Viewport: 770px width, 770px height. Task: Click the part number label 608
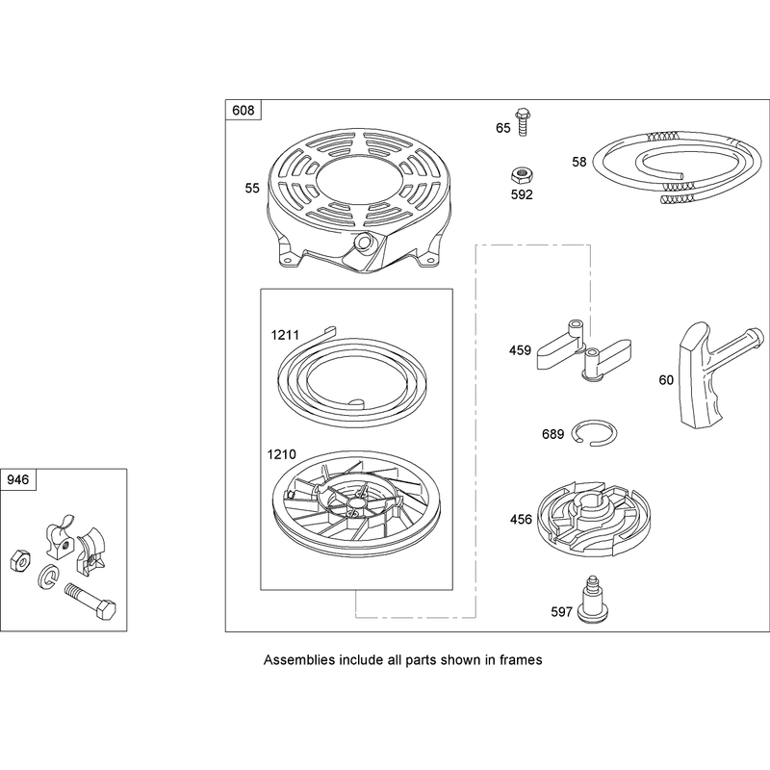(x=244, y=110)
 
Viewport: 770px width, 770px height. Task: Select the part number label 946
(x=18, y=479)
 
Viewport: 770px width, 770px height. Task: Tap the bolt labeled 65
(x=521, y=122)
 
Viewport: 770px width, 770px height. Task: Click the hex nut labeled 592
(x=522, y=175)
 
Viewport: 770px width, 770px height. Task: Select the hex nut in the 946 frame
(x=20, y=561)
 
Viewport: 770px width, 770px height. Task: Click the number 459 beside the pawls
(x=520, y=350)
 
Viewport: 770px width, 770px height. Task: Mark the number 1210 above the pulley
(x=281, y=454)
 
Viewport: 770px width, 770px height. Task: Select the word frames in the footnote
(x=521, y=660)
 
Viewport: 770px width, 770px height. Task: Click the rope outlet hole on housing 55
(x=363, y=242)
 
